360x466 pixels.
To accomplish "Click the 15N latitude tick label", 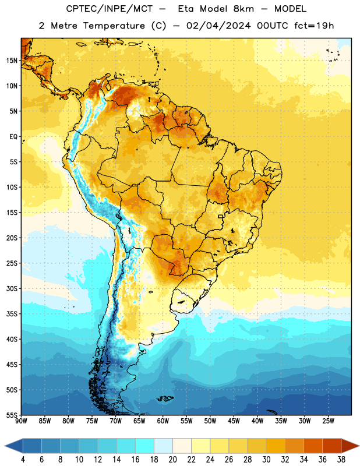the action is point(12,61).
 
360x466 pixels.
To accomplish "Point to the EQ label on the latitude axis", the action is point(13,137).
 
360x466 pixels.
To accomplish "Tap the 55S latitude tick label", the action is point(12,415).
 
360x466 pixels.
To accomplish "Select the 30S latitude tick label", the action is point(12,288).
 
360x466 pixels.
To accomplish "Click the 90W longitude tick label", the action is point(22,421).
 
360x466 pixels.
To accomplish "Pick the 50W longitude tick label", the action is point(210,421).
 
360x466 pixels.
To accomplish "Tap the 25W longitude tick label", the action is point(328,421).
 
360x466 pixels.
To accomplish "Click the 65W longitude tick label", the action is point(139,421).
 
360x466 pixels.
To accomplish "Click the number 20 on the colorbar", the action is point(172,460).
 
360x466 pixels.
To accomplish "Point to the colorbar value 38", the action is point(341,460).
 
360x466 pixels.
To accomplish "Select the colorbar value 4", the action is point(23,460).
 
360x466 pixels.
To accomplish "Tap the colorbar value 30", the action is point(266,460).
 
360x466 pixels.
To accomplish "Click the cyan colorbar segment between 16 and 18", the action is point(145,446).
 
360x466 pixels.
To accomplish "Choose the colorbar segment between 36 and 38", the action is point(332,446).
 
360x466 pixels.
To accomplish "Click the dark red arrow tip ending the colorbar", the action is point(358,446).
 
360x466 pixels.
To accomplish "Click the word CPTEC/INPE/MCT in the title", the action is point(110,9).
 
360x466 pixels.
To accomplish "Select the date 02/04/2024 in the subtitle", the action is point(218,26).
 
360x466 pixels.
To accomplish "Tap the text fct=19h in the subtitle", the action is point(314,26).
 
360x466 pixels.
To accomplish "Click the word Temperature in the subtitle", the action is point(114,26).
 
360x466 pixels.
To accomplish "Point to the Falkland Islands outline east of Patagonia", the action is point(165,398).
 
